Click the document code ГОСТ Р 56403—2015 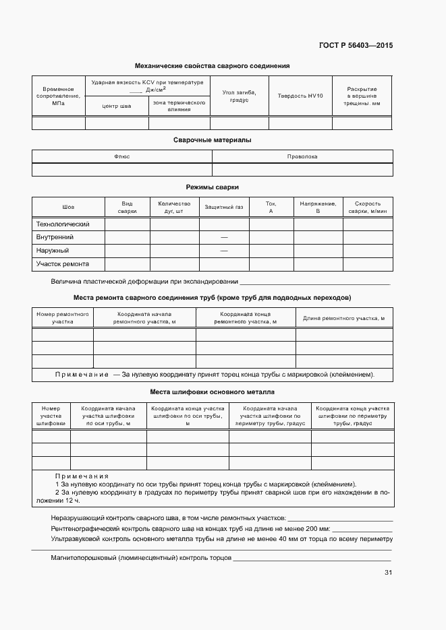[x=355, y=46]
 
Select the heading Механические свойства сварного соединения [x=212, y=66]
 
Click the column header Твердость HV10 [x=300, y=96]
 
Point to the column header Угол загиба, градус [x=239, y=96]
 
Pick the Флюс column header [x=122, y=156]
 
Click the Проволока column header [x=302, y=156]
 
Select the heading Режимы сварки [x=212, y=187]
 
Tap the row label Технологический [x=62, y=224]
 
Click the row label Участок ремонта [x=62, y=263]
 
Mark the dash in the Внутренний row [x=224, y=237]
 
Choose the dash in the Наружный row [x=224, y=251]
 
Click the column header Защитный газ [x=224, y=207]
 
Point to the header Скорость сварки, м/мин [x=368, y=207]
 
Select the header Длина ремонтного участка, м [x=344, y=318]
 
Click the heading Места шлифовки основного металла [x=212, y=391]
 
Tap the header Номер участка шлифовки [x=51, y=416]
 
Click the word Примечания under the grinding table [x=82, y=476]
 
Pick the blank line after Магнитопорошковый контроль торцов [x=312, y=559]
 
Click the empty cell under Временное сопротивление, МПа [x=58, y=123]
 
